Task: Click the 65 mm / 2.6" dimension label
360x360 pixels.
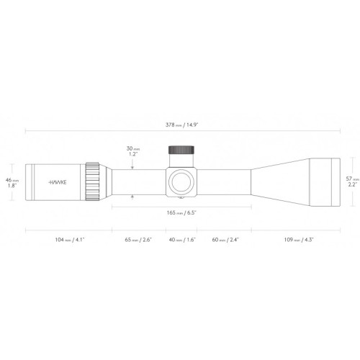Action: tap(138, 238)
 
